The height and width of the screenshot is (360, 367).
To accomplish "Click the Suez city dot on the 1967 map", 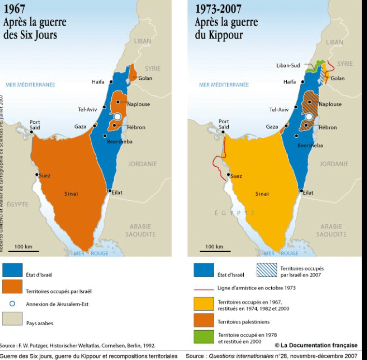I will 36,174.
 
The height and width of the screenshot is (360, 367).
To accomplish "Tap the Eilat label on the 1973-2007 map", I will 308,193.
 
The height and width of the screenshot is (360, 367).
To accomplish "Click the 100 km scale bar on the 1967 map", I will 23,251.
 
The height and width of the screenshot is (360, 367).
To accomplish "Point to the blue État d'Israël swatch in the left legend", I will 12,270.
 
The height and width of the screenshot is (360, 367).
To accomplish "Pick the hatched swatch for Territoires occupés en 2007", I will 266,270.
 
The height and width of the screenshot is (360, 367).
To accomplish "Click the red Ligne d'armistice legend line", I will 204,288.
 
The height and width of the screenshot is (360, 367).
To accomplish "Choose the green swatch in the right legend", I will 204,337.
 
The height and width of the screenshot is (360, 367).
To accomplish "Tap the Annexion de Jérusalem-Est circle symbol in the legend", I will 13,304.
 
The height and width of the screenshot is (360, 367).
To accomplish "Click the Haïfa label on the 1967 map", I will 98,82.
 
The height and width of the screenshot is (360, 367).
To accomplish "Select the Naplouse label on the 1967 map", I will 139,104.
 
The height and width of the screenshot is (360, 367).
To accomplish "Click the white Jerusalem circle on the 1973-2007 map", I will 309,116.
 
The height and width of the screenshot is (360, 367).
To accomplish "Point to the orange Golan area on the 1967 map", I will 133,72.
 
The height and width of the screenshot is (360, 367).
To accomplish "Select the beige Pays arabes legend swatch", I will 12,319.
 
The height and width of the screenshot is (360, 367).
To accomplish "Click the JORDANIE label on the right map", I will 334,164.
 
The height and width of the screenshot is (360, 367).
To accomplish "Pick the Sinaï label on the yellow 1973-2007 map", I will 263,194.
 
